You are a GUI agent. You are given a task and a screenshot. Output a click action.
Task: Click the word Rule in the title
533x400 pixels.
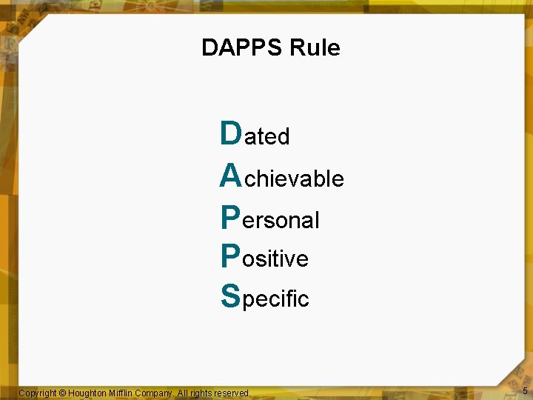tap(315, 48)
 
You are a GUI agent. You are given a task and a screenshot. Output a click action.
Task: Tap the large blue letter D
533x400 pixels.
tap(231, 133)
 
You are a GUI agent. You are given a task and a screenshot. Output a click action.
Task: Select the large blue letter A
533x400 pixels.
tap(231, 176)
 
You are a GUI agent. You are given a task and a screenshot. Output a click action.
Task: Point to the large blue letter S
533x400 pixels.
tap(230, 296)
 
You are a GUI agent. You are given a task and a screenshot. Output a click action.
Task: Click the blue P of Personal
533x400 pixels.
tap(230, 217)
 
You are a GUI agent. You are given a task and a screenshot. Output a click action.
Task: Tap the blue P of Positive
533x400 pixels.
tap(230, 256)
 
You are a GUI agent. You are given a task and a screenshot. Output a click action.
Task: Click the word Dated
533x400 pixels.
tap(255, 136)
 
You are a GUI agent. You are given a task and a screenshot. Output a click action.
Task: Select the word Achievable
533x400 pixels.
tap(282, 178)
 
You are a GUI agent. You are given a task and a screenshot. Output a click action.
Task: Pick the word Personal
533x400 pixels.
tap(270, 219)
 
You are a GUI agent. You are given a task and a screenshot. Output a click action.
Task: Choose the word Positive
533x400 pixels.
tap(264, 259)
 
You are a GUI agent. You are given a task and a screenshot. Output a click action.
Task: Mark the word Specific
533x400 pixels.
tap(265, 299)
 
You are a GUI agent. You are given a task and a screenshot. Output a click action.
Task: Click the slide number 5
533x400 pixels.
tap(525, 390)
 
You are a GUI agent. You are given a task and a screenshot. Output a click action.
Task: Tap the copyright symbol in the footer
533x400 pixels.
tap(62, 393)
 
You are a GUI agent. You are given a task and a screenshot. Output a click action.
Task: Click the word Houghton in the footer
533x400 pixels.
tap(90, 393)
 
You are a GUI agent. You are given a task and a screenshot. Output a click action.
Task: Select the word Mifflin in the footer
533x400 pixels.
tap(126, 393)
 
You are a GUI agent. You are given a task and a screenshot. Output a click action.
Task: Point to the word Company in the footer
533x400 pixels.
tap(158, 393)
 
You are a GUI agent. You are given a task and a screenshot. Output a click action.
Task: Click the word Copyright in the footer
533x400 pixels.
tap(37, 393)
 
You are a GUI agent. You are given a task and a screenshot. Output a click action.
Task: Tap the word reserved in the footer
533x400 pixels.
tap(232, 393)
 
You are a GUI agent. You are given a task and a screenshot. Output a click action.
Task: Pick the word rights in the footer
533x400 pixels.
tap(200, 393)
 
